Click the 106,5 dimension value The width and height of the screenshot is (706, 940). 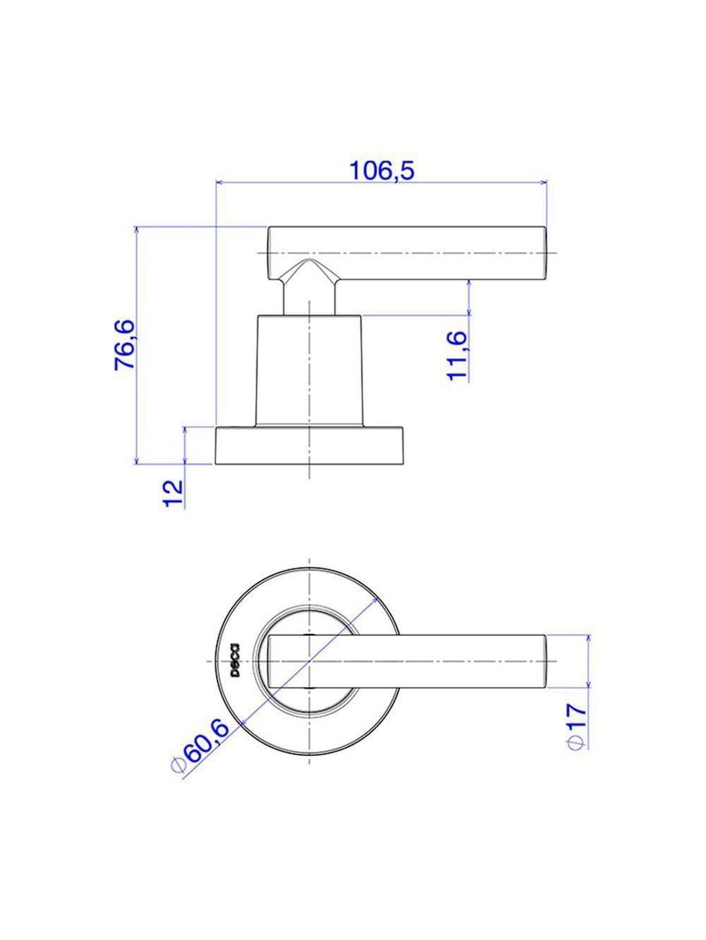[382, 171]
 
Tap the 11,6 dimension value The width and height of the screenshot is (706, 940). [457, 354]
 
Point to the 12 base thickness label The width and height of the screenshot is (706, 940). [174, 494]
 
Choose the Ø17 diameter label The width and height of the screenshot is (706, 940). [576, 726]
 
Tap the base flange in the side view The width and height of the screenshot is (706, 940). [310, 445]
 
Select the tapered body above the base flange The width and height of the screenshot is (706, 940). [310, 370]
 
